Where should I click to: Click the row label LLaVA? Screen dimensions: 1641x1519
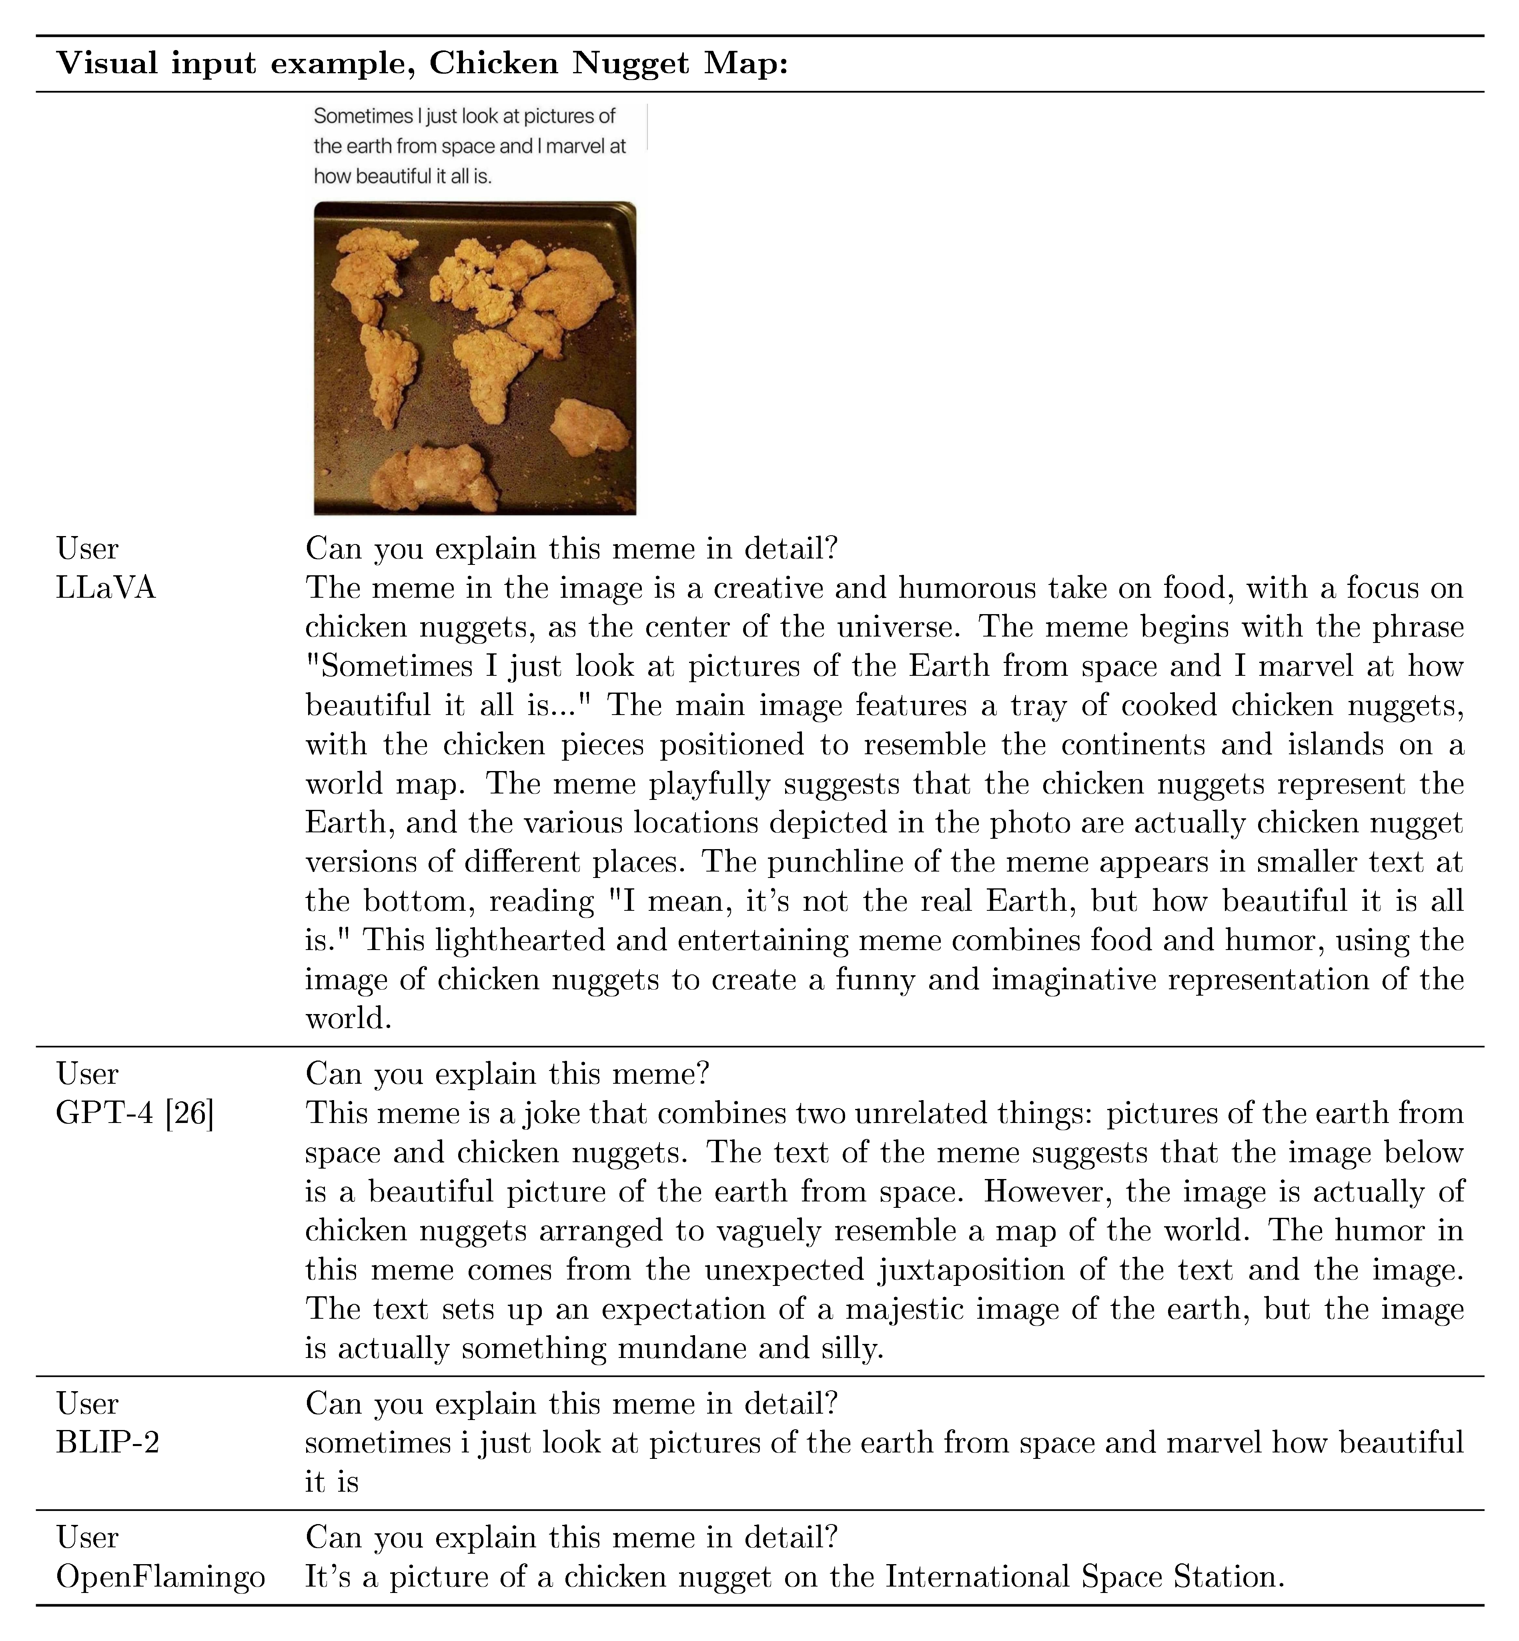coord(105,589)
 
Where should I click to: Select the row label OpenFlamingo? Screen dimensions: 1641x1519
coord(160,1577)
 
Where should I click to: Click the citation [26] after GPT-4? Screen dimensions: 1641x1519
coord(189,1114)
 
